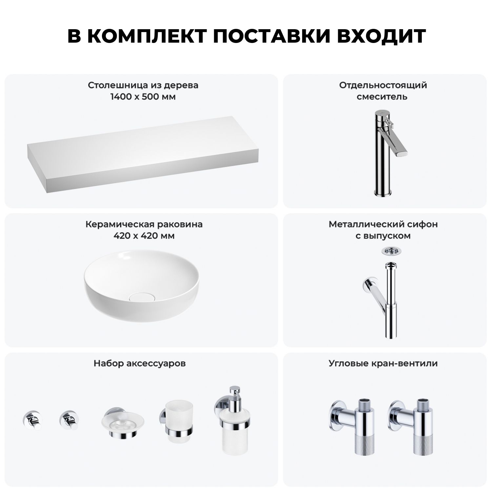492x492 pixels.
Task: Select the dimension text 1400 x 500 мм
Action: pos(143,97)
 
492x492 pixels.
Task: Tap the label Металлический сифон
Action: pos(383,224)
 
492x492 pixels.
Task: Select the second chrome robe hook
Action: pos(68,420)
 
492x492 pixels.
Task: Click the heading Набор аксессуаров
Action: pos(139,363)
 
